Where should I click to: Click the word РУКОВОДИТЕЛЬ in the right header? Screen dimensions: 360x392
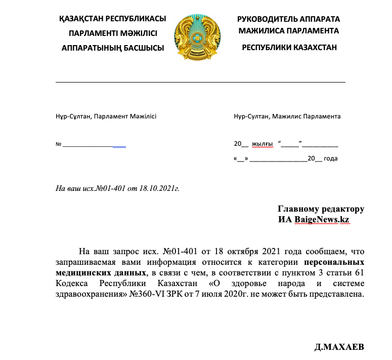point(267,19)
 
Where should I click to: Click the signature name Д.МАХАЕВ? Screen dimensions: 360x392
point(339,347)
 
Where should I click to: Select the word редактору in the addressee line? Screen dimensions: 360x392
point(343,209)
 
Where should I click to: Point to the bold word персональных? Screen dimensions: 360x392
point(334,263)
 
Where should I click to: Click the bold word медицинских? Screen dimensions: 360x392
point(82,273)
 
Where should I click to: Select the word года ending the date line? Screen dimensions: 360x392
point(330,158)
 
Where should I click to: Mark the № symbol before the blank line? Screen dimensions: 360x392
point(58,145)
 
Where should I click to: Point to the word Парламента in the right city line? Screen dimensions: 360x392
point(322,116)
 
